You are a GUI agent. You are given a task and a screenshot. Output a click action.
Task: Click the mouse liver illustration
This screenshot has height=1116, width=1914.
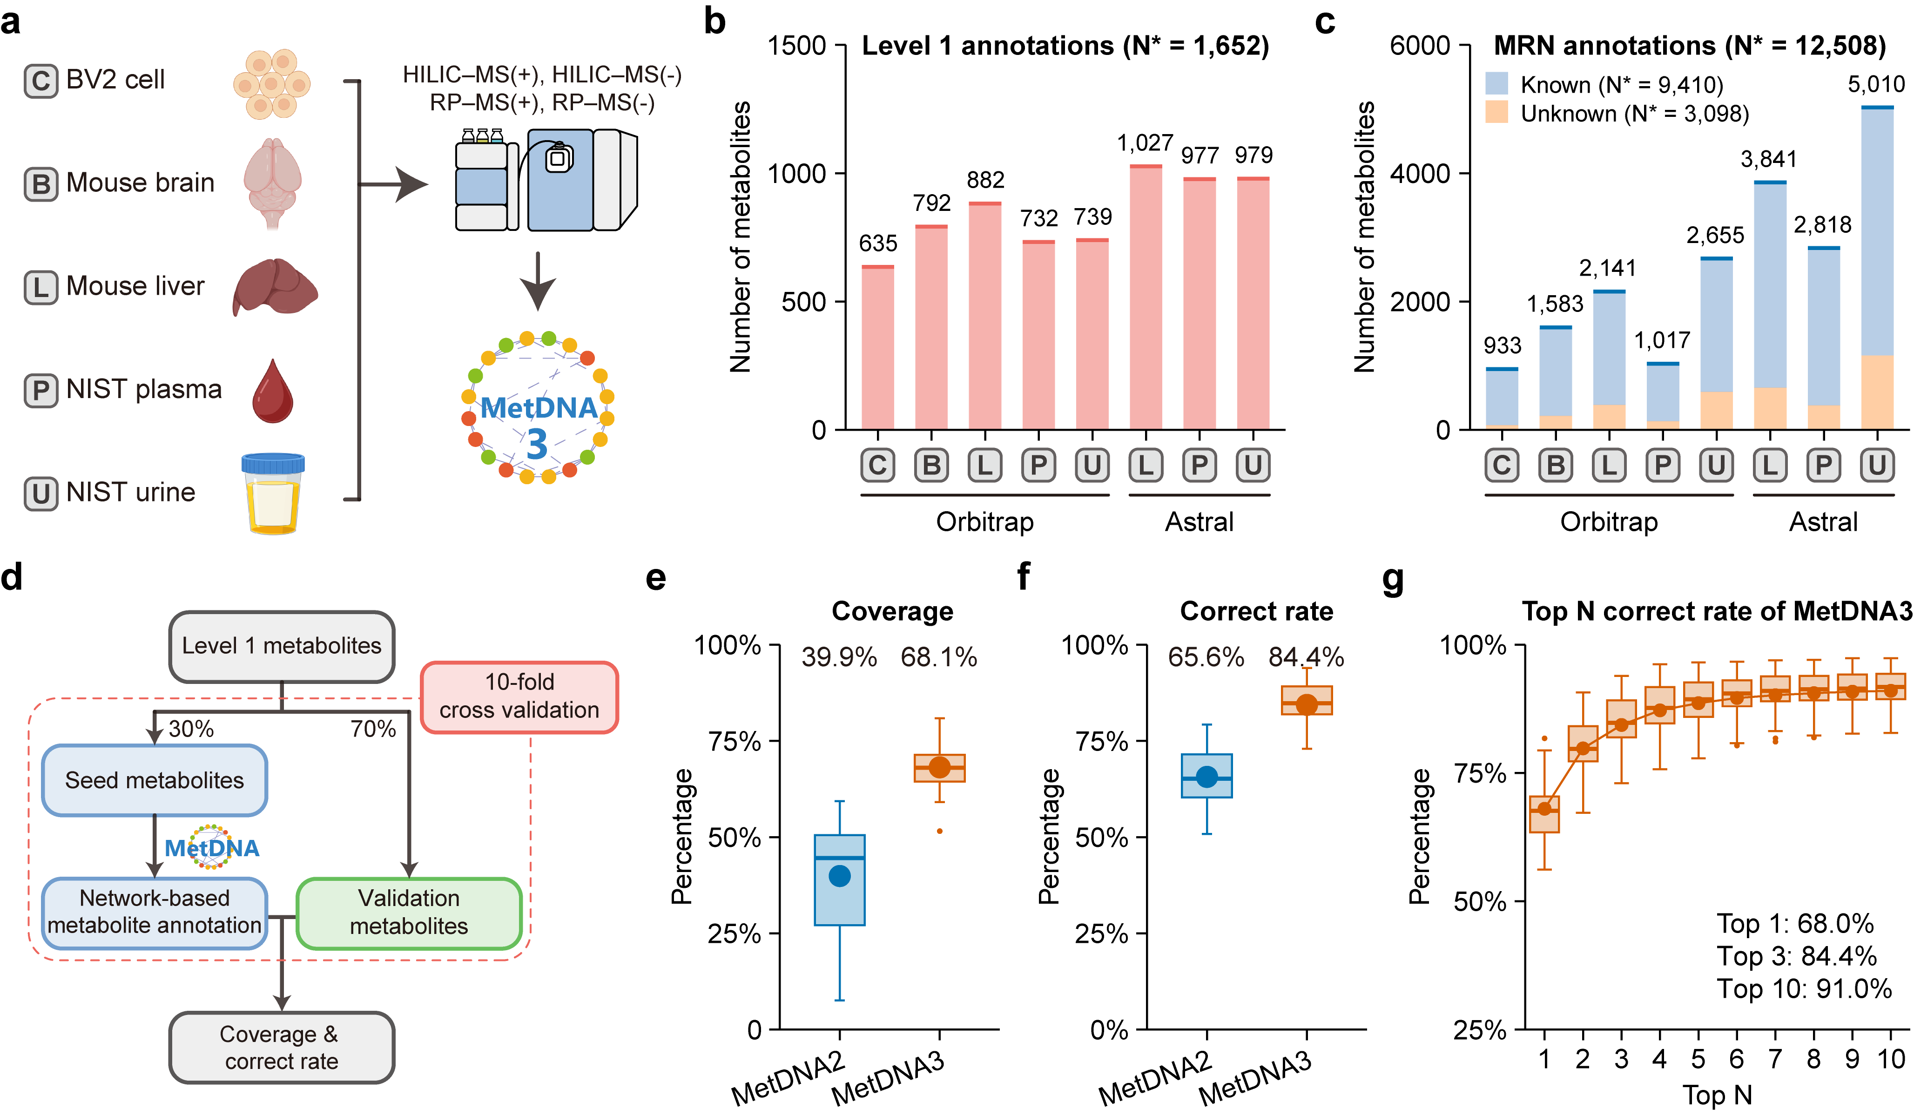[275, 286]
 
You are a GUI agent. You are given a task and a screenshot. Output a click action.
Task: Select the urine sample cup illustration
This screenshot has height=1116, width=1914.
[273, 494]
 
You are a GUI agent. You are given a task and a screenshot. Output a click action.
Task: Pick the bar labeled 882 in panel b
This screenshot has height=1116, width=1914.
[985, 319]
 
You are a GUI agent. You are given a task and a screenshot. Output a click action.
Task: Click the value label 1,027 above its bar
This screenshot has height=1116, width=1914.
[1145, 143]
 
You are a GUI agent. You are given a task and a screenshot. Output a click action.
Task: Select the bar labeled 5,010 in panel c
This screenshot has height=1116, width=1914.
[1877, 266]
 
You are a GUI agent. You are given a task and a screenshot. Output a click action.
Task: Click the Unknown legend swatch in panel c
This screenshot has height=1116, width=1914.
[1496, 112]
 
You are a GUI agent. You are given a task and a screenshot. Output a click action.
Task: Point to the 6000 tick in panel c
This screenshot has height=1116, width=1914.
[1420, 46]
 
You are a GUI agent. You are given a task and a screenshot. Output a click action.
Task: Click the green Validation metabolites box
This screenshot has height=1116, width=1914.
[409, 913]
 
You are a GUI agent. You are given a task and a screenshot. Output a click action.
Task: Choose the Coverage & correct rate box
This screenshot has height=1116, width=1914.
[281, 1047]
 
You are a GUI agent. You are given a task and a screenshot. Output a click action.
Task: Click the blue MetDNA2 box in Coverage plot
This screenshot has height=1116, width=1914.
[839, 880]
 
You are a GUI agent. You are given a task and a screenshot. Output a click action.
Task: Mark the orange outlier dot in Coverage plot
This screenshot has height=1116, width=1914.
[939, 831]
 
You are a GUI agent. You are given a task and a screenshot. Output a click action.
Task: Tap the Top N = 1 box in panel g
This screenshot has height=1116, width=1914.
[1544, 814]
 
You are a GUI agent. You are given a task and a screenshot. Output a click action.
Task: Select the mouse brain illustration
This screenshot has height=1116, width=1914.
[273, 183]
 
